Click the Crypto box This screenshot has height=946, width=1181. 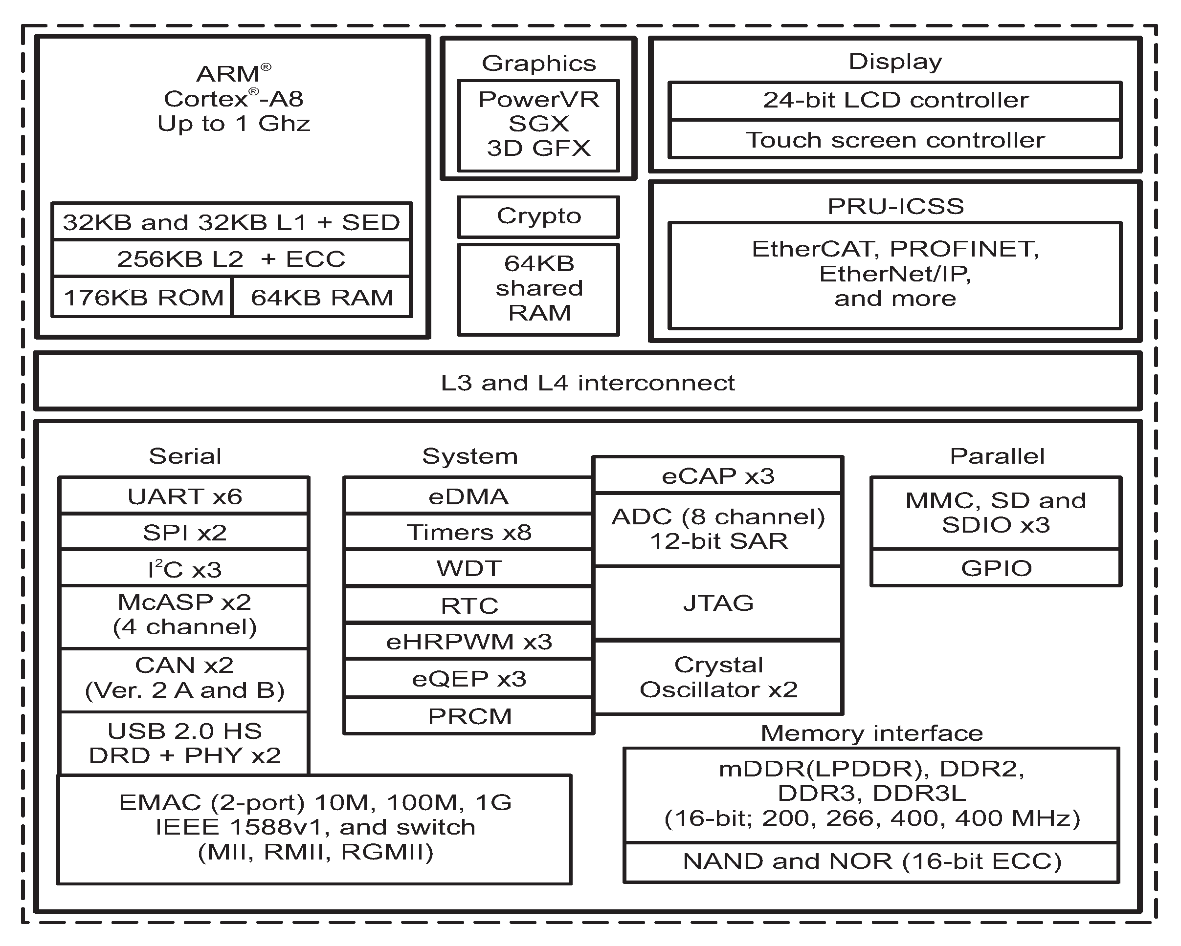tap(538, 217)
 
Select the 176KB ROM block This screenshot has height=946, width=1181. tap(142, 297)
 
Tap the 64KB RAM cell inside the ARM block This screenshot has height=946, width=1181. tap(322, 297)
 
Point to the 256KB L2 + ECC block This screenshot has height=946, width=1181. tap(231, 258)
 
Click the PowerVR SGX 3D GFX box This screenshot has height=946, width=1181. tap(538, 126)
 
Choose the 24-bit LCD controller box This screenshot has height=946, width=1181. tap(895, 101)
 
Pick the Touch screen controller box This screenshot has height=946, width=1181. tap(895, 140)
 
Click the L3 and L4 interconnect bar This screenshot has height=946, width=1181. tap(588, 382)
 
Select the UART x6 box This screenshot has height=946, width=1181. tap(184, 496)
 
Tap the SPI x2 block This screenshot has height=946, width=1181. tap(184, 532)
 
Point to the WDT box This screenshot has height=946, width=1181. tap(469, 568)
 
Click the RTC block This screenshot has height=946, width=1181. tap(469, 605)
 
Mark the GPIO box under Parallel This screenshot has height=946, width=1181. tap(996, 568)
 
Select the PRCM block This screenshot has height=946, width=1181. tap(469, 715)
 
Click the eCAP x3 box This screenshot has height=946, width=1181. tap(718, 475)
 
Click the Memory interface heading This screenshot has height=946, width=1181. tap(871, 733)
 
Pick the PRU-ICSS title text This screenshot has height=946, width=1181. tap(895, 206)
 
